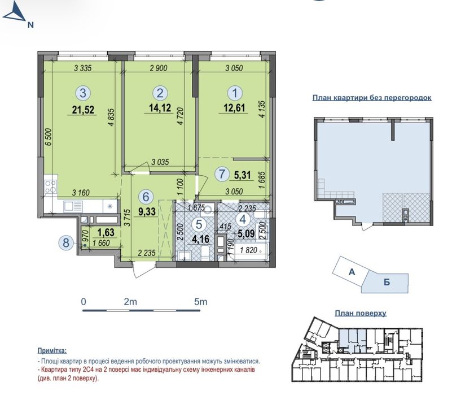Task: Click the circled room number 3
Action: click(x=83, y=93)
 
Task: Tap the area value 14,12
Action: click(x=160, y=108)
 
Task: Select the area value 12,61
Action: click(x=234, y=108)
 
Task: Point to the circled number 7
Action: click(x=222, y=174)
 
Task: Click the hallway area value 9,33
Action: click(x=147, y=211)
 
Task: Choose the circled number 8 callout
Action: click(x=66, y=242)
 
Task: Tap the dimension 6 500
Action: click(x=49, y=137)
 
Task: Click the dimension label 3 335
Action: click(x=83, y=68)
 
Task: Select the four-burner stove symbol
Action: click(x=50, y=186)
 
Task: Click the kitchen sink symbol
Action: click(x=73, y=206)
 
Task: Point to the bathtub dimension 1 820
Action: click(x=248, y=250)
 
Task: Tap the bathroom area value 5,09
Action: click(x=247, y=233)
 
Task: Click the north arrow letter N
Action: click(x=30, y=25)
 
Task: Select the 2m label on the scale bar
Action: click(x=130, y=302)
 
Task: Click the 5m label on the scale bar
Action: click(x=201, y=302)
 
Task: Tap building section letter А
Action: click(x=352, y=272)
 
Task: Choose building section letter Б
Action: click(x=387, y=282)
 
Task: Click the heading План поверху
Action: click(x=361, y=313)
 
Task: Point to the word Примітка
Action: click(x=52, y=351)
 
